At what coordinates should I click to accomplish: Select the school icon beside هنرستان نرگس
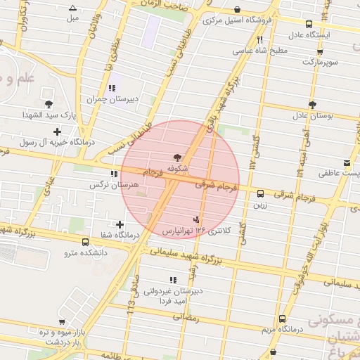(114, 174)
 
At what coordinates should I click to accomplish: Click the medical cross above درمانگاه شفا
(120, 224)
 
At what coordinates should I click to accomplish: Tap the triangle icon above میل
(72, 8)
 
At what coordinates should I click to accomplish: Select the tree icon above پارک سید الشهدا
(48, 104)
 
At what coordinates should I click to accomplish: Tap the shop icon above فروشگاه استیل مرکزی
(237, 10)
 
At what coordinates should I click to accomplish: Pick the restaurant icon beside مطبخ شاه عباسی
(260, 40)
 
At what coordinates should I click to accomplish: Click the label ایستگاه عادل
(307, 34)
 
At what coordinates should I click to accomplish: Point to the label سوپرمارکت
(321, 62)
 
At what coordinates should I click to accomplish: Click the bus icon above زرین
(260, 193)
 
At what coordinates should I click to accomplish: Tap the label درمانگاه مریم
(281, 329)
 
